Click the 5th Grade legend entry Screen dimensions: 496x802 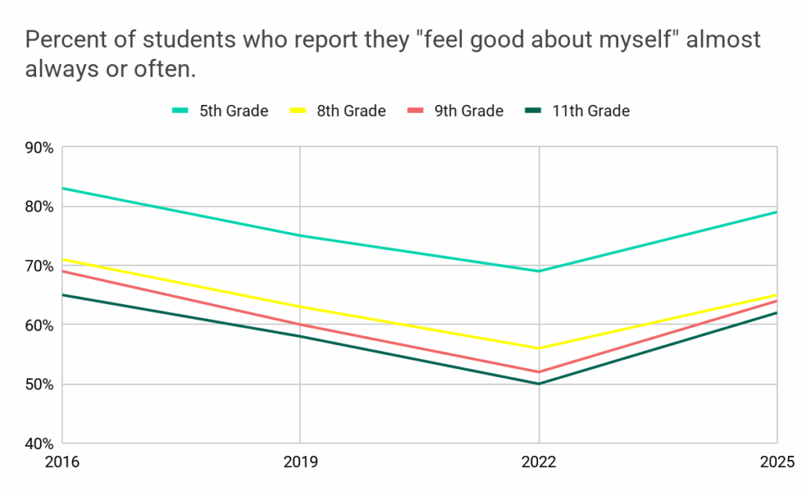click(x=220, y=110)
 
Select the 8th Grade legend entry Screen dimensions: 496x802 click(x=338, y=110)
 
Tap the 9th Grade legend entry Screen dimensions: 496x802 click(x=455, y=110)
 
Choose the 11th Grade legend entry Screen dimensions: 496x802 click(x=576, y=110)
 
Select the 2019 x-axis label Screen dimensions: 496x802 click(x=301, y=462)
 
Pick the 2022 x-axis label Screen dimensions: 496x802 click(x=539, y=462)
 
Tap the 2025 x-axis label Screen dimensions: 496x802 click(x=777, y=462)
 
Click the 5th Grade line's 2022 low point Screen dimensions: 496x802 click(x=539, y=271)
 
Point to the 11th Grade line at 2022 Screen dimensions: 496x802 click(x=539, y=384)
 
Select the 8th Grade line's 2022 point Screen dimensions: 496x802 click(x=539, y=348)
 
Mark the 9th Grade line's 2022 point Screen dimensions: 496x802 click(x=539, y=371)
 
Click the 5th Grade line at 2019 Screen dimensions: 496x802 click(x=301, y=236)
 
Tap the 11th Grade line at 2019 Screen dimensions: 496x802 click(x=301, y=336)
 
